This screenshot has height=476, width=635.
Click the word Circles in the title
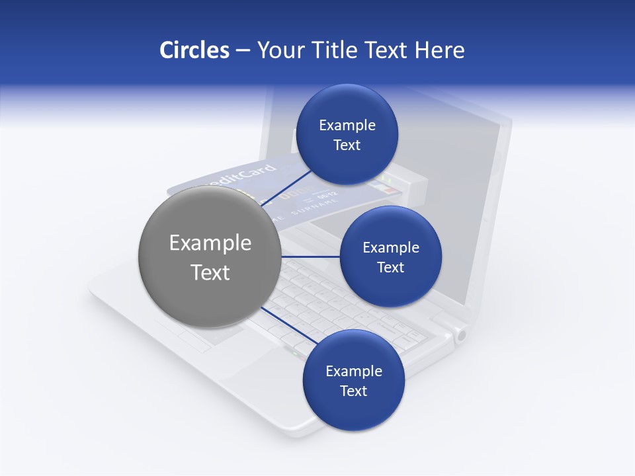click(x=194, y=50)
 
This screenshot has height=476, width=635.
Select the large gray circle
click(x=210, y=257)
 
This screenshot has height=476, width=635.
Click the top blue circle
click(x=347, y=134)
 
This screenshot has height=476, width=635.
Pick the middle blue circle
click(x=390, y=257)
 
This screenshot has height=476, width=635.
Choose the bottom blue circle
click(x=353, y=380)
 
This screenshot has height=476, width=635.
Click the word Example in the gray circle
click(x=210, y=243)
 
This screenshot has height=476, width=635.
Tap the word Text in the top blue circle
click(x=347, y=145)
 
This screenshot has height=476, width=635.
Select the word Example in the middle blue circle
click(x=390, y=247)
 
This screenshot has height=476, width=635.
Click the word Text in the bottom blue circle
click(x=353, y=391)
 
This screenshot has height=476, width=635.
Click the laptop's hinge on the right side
click(x=459, y=335)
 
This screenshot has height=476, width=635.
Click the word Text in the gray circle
click(x=210, y=272)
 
